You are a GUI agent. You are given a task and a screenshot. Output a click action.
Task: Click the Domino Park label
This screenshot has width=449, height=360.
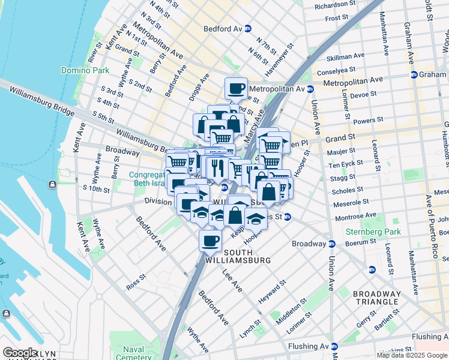pos(85,70)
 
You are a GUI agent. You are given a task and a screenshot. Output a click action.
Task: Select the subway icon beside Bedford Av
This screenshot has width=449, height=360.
pos(248,28)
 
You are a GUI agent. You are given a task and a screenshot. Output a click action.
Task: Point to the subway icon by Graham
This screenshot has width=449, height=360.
pos(414,75)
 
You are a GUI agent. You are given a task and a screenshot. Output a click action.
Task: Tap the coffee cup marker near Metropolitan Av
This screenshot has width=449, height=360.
pos(236,89)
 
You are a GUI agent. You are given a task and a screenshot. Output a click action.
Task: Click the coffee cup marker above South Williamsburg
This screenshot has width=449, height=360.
pos(210,241)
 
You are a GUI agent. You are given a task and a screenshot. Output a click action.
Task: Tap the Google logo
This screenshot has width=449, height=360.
pos(20,353)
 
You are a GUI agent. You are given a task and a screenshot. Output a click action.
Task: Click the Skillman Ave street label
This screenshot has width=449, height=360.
pos(345,57)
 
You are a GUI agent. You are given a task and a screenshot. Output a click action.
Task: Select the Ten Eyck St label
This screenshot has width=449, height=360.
pos(342,164)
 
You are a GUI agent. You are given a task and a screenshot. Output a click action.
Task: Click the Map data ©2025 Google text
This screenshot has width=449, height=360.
pos(412,355)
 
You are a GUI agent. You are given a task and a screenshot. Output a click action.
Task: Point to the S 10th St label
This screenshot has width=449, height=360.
pos(96,189)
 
